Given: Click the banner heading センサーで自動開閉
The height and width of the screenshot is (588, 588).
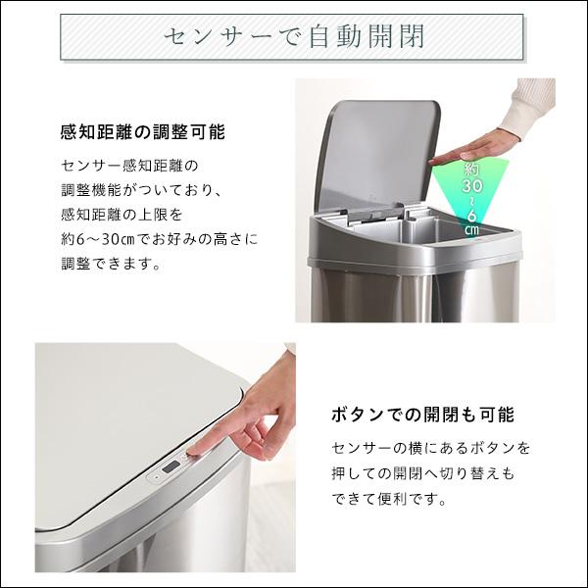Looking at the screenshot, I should coord(294,40).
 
